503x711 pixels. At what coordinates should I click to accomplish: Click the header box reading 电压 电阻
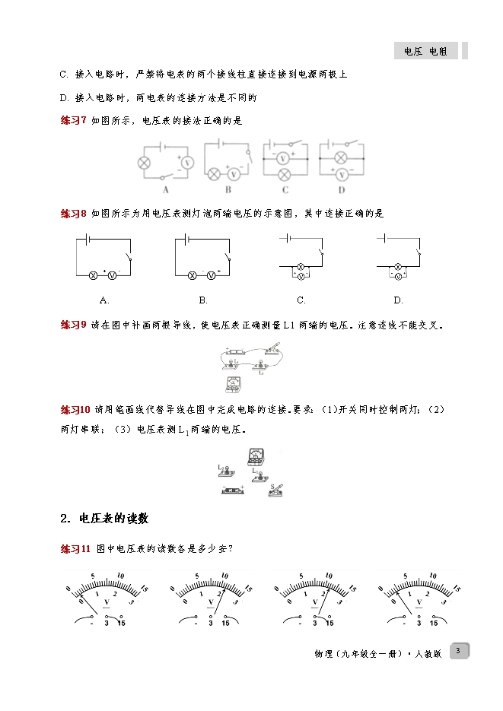click(x=426, y=51)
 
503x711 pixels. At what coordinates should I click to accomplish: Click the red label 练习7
click(x=74, y=121)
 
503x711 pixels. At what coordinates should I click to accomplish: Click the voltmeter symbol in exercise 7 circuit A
click(x=186, y=162)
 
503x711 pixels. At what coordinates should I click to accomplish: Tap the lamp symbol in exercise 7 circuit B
click(x=214, y=173)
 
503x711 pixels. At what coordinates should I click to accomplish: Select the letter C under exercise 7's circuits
click(x=285, y=189)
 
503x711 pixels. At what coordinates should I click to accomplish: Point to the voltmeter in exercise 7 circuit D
click(x=342, y=175)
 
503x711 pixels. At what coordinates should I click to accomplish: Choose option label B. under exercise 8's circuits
click(x=203, y=300)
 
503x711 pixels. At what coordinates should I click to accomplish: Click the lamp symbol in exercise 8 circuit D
click(x=398, y=267)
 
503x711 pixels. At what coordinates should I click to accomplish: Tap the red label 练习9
click(x=74, y=325)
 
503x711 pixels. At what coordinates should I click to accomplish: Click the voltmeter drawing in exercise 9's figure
click(x=233, y=385)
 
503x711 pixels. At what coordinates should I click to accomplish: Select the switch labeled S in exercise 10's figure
click(x=276, y=490)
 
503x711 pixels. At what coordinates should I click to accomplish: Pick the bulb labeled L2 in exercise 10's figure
click(x=226, y=471)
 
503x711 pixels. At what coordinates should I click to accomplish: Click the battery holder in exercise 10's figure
click(x=233, y=490)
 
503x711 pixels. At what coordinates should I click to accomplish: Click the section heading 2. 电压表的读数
click(x=104, y=519)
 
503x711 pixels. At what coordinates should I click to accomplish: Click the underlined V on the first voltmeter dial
click(x=107, y=602)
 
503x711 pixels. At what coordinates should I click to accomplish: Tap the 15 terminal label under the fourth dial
click(x=434, y=623)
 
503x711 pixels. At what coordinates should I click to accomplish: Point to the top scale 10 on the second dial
click(x=224, y=576)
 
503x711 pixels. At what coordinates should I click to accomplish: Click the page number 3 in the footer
click(x=459, y=651)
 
